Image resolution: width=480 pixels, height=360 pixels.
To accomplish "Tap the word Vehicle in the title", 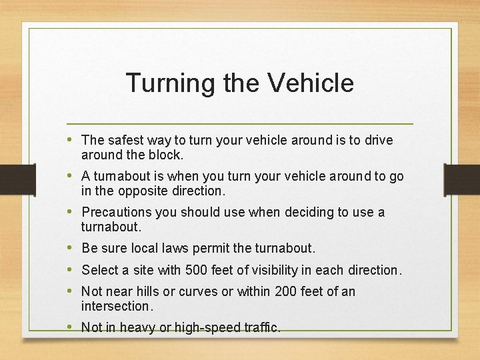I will (310, 83).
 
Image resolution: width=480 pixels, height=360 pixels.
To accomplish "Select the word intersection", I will (117, 306).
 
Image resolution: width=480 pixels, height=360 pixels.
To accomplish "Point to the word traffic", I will (261, 327).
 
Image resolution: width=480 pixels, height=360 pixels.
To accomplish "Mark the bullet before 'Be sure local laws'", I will (71, 248).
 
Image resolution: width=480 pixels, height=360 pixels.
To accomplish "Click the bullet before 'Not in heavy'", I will (71, 327).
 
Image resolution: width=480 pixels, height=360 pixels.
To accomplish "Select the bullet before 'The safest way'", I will (71, 140).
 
